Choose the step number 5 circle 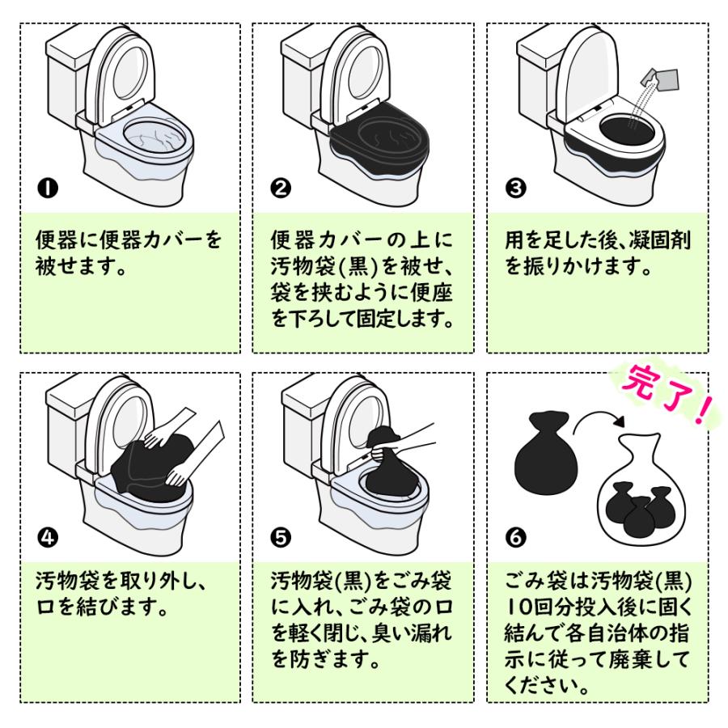point(281,537)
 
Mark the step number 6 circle point(514,537)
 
